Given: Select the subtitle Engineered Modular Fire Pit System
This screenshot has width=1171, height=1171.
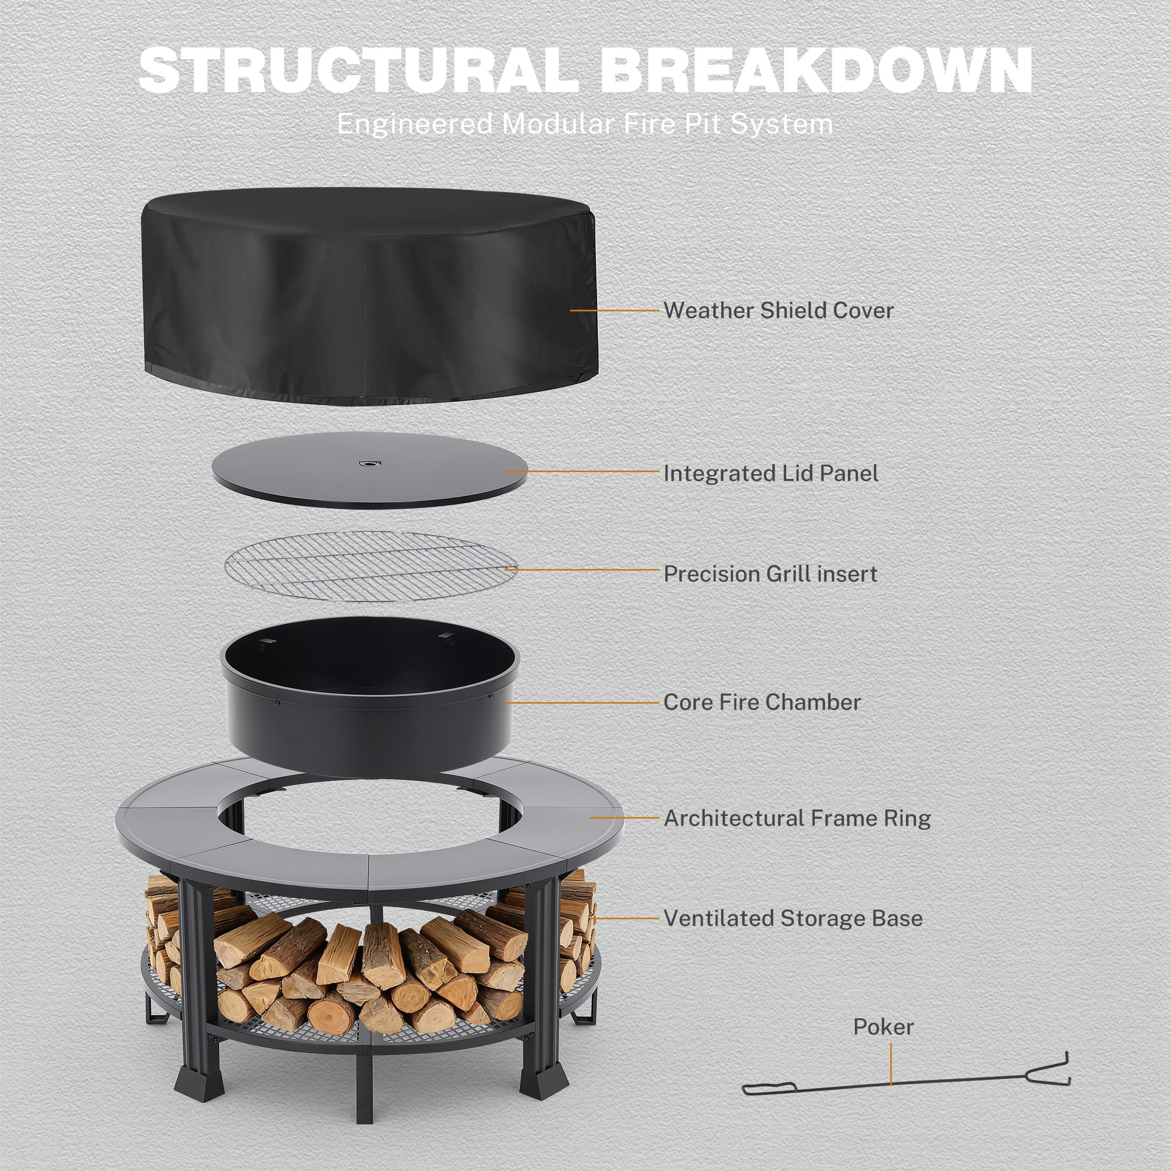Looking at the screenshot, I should point(585,124).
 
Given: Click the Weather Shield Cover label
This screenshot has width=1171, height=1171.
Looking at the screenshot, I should point(778,310).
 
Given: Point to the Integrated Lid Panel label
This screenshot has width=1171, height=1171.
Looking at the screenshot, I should point(770,473).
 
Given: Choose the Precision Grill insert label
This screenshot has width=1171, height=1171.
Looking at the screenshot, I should point(770,574).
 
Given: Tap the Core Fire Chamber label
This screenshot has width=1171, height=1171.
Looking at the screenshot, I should point(762,703).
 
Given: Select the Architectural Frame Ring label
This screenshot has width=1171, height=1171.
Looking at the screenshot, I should point(797,818).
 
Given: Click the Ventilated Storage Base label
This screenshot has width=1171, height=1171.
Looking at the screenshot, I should point(793,918).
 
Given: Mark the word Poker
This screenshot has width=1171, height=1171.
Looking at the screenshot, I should point(883,1027).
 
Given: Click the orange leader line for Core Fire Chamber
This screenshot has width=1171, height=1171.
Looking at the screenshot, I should point(582,703).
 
